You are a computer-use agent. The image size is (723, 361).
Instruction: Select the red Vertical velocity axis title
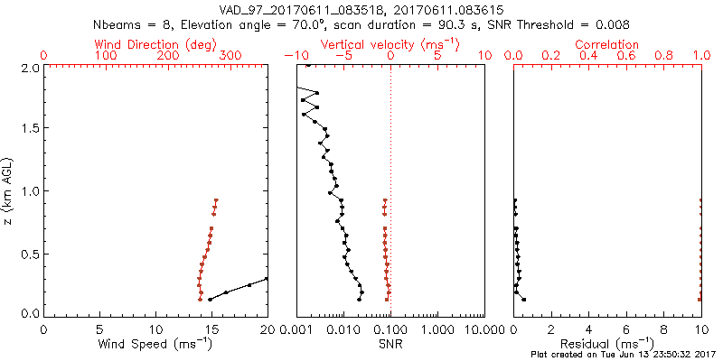click(x=390, y=44)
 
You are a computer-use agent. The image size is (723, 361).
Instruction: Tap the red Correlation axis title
click(x=607, y=44)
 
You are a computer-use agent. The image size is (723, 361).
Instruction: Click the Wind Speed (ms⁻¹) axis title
click(x=155, y=344)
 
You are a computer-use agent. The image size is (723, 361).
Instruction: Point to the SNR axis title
click(x=390, y=344)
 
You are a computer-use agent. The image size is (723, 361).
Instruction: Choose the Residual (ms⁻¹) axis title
click(x=607, y=344)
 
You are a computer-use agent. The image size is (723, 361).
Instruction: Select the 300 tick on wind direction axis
click(x=230, y=56)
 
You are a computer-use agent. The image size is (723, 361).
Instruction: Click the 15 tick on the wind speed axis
click(x=211, y=329)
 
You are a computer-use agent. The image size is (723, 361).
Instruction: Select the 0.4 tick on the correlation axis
click(x=588, y=56)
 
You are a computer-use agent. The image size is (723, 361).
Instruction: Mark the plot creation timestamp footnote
click(x=626, y=355)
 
